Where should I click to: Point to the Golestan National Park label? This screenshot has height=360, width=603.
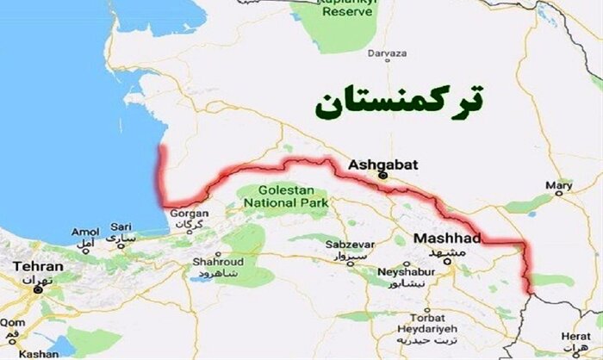(x=284, y=196)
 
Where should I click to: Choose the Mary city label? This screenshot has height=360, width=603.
(x=559, y=185)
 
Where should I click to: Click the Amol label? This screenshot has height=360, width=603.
(x=85, y=232)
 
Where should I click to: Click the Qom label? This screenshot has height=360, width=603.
(x=9, y=320)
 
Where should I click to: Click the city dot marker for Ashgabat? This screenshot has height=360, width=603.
(x=385, y=177)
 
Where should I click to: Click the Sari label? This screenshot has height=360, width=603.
(x=121, y=232)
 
